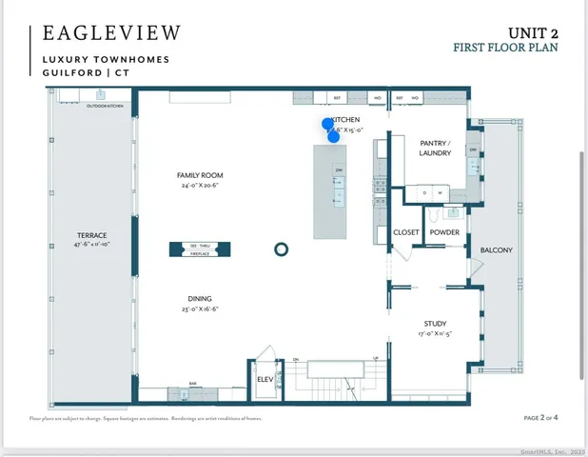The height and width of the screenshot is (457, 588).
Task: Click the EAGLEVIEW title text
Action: tap(111, 33)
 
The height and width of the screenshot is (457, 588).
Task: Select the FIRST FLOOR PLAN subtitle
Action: tap(505, 47)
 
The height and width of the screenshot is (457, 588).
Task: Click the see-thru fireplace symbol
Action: tap(200, 249)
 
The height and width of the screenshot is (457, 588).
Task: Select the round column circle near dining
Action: tap(281, 249)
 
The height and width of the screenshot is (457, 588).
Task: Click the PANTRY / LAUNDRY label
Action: tap(436, 148)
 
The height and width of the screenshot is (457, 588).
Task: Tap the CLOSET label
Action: tap(406, 232)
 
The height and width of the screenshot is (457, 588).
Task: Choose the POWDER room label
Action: tap(444, 232)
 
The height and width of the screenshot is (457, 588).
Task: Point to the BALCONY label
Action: tap(497, 250)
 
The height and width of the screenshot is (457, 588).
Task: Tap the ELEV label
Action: tap(265, 379)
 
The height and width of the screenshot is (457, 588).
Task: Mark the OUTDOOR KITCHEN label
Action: tap(106, 106)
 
